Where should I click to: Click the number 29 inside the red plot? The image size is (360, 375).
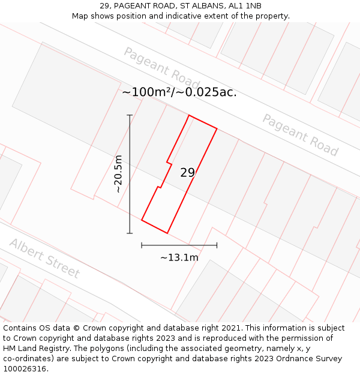187,173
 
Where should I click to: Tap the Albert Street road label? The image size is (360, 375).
44,258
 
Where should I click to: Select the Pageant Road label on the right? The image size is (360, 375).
300,135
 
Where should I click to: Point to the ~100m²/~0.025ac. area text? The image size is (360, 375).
179,92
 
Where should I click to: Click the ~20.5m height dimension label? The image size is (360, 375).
118,173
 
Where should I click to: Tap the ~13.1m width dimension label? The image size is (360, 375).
179,257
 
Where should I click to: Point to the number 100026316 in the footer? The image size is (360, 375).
24,369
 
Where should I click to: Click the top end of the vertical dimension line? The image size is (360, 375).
130,115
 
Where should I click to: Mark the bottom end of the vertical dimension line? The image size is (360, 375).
130,233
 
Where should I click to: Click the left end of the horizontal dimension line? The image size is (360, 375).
142,245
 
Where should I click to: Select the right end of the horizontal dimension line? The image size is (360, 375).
217,245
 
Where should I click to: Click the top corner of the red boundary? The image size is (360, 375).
189,115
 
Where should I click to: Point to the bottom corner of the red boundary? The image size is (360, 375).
167,233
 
